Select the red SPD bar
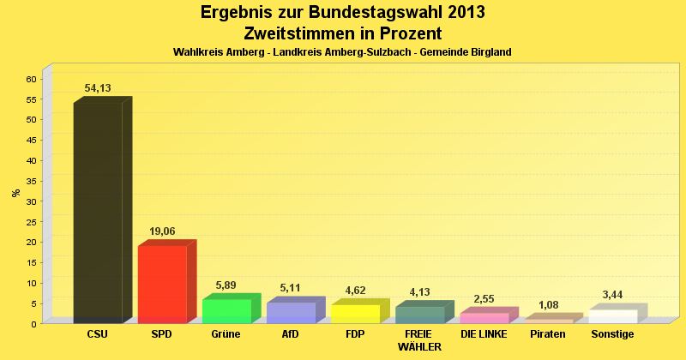coord(162,284)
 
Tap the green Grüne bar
coord(226,310)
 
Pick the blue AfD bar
coord(291,312)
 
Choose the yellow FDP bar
coord(355,313)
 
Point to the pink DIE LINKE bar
coord(484,317)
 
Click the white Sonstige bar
coord(613,315)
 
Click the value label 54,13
coord(97,88)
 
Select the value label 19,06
coord(162,231)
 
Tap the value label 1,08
coord(549,304)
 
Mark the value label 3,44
coord(613,295)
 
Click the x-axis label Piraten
coord(549,333)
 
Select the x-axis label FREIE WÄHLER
coord(419,339)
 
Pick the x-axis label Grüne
coord(226,333)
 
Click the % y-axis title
coord(15,193)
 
